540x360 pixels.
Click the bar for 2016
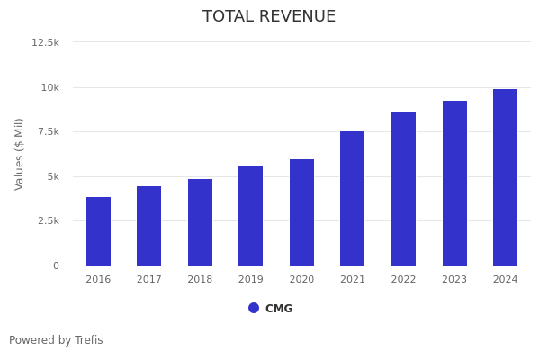(x=98, y=231)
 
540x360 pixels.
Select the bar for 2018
(x=200, y=222)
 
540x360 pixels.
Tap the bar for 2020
(x=301, y=212)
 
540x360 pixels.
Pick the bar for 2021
(x=353, y=198)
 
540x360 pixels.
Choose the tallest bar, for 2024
(x=505, y=177)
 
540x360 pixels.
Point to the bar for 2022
(x=403, y=189)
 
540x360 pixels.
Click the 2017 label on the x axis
(x=149, y=280)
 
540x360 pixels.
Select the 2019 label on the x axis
(x=251, y=280)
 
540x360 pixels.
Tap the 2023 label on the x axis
(x=454, y=280)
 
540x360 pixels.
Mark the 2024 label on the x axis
(x=505, y=280)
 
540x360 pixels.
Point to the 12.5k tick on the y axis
(x=46, y=42)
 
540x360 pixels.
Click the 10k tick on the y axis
(x=49, y=87)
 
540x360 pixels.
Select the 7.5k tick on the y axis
(x=48, y=131)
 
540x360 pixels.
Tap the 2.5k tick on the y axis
(x=48, y=220)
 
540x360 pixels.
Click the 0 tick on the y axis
(x=56, y=265)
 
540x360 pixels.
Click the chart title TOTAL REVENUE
(x=269, y=17)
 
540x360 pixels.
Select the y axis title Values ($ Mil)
(x=20, y=154)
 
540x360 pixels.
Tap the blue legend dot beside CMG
(x=254, y=308)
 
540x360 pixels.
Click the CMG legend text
(x=279, y=309)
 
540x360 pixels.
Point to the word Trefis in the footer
(x=88, y=340)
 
